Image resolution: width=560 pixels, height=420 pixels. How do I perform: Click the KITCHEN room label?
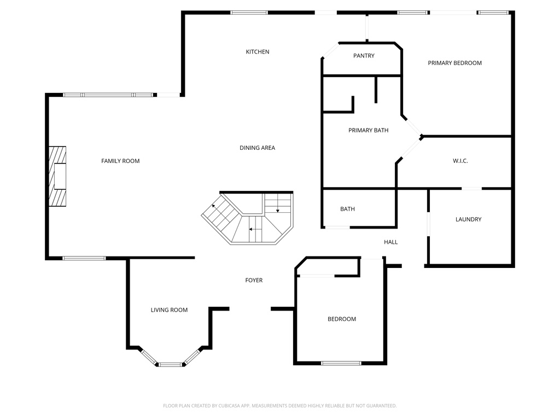click(x=257, y=52)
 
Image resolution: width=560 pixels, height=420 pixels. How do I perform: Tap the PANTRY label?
click(x=364, y=56)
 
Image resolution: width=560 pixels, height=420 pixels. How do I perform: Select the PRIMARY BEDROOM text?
click(x=454, y=63)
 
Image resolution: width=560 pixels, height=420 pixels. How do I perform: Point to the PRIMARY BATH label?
click(x=368, y=130)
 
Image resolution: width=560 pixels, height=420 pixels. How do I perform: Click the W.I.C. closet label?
click(x=460, y=161)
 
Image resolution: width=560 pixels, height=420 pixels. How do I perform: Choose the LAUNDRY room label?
click(x=468, y=219)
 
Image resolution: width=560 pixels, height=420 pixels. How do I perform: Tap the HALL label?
click(x=390, y=242)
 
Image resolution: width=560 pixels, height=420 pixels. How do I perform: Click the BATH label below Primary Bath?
click(x=347, y=209)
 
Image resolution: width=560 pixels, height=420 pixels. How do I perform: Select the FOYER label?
click(x=253, y=281)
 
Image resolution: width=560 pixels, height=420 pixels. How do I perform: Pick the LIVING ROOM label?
click(x=169, y=310)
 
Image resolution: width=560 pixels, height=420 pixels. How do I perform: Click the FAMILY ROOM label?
click(x=120, y=161)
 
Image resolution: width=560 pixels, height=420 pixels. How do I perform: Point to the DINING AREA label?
click(x=257, y=148)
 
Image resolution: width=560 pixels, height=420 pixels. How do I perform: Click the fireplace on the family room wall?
click(x=57, y=176)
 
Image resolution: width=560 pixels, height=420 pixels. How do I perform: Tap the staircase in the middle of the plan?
click(x=249, y=219)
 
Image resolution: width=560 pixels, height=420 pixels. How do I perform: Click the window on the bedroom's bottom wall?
click(x=341, y=363)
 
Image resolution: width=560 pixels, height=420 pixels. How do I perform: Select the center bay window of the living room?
click(x=170, y=364)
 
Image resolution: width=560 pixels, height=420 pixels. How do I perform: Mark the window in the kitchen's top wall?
click(x=249, y=13)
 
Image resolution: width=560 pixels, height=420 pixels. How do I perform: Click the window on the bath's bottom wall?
click(x=337, y=227)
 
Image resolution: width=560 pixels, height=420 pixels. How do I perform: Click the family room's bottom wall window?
click(x=84, y=258)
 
